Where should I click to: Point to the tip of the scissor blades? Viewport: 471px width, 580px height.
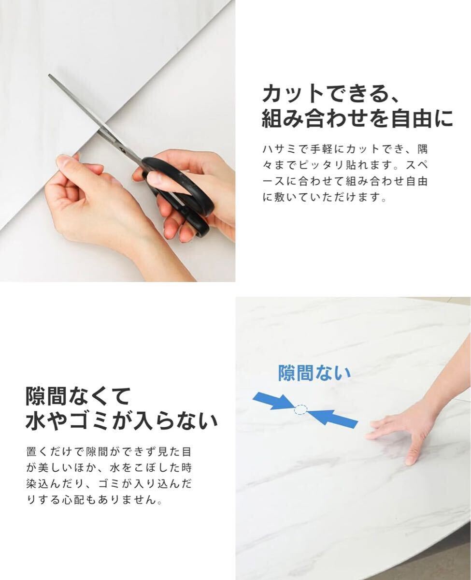pos(50,75)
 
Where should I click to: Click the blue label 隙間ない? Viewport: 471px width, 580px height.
pos(314,373)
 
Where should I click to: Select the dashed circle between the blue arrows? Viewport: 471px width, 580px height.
pos(300,409)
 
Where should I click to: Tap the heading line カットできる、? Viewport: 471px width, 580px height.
pos(330,93)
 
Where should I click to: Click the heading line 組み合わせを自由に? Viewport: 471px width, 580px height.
pos(357,119)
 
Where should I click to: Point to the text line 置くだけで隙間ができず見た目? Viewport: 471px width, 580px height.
pos(109,452)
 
